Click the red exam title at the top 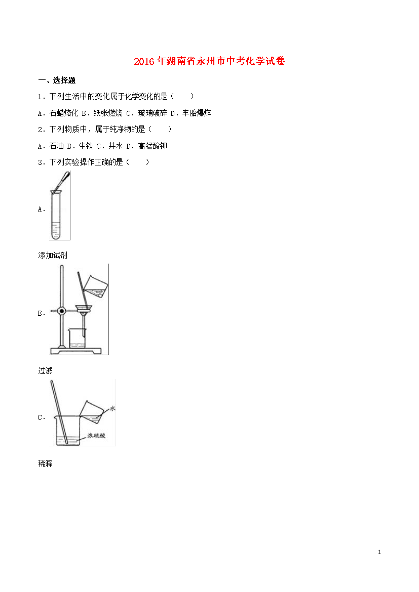[x=209, y=61]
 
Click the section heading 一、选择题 [x=57, y=80]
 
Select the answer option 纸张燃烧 [x=108, y=113]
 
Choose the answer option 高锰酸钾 [x=153, y=146]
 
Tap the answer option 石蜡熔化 [x=63, y=113]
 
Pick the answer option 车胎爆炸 [x=197, y=113]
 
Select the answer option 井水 [x=116, y=146]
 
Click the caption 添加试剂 [x=53, y=255]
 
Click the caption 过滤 [x=46, y=370]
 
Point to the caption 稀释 [x=46, y=463]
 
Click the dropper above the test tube [x=62, y=182]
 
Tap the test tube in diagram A [x=56, y=215]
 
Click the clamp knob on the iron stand [x=62, y=311]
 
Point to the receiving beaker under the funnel [x=77, y=339]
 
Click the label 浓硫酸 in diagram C [x=96, y=435]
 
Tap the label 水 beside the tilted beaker [x=112, y=408]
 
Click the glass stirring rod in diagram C [x=59, y=412]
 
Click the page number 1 [x=379, y=552]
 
